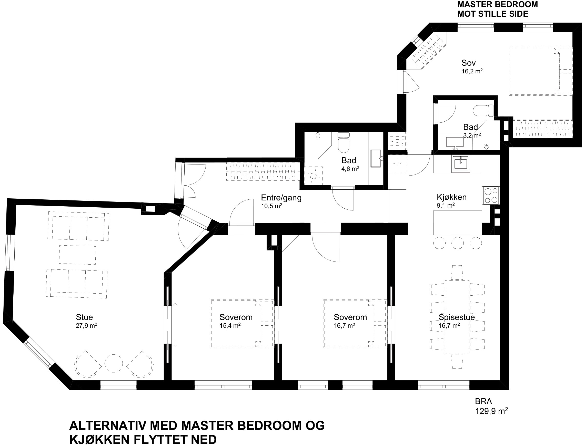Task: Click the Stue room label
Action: click(x=84, y=317)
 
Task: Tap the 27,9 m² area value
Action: click(x=86, y=326)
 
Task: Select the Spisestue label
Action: click(x=457, y=317)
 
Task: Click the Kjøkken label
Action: click(x=452, y=197)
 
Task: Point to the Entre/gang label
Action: click(x=281, y=198)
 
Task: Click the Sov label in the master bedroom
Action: click(x=469, y=63)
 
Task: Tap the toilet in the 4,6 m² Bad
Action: click(x=344, y=143)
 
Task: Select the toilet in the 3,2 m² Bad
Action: click(x=483, y=111)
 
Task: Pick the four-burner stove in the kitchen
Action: click(x=491, y=195)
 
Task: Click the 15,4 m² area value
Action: click(x=230, y=326)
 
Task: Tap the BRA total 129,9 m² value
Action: click(x=491, y=411)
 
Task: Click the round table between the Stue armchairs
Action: click(x=114, y=363)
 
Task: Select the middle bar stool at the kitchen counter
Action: click(x=457, y=243)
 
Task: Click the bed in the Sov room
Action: click(x=540, y=71)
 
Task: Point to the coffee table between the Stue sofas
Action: click(x=77, y=255)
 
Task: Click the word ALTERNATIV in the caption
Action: click(x=108, y=426)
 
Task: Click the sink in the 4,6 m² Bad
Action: click(x=376, y=159)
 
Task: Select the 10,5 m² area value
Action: click(x=271, y=206)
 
